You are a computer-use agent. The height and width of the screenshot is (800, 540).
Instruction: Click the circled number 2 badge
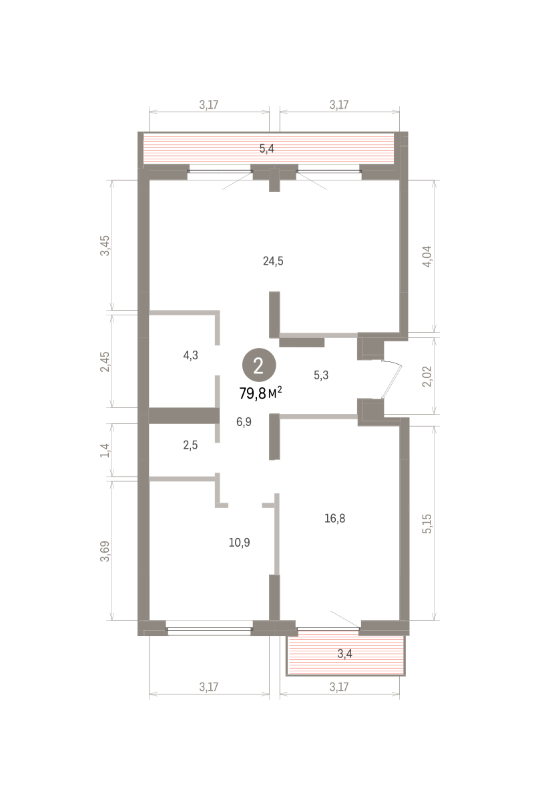coord(259,365)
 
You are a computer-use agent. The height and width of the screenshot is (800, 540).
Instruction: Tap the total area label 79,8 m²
coord(261,393)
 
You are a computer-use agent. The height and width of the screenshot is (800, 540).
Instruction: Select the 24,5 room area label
coord(273,261)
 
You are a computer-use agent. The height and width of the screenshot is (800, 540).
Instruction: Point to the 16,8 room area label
coord(334,518)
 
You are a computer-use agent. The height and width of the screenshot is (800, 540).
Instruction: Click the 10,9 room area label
coord(239,543)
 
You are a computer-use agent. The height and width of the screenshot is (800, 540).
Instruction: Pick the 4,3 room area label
coord(190,355)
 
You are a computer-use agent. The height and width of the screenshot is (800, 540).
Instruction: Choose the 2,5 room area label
coord(190,445)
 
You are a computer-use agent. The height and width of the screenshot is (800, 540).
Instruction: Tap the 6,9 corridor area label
coord(244,422)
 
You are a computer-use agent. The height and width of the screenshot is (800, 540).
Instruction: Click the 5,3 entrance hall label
coord(321,375)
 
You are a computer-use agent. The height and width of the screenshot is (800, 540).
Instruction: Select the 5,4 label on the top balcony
coord(267,149)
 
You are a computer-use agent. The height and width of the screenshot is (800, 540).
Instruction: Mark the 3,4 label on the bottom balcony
coord(344,654)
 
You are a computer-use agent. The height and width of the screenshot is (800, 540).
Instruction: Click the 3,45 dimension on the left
coord(105,246)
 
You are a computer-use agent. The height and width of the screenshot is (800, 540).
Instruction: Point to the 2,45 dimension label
coord(105,362)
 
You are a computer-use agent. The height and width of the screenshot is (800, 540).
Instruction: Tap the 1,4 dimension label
coord(105,451)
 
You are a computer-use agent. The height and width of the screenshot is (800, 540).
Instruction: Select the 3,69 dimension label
coord(105,551)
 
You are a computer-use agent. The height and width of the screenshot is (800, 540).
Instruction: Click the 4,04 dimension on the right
coord(427,257)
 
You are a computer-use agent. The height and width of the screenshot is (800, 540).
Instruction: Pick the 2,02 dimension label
coord(427,377)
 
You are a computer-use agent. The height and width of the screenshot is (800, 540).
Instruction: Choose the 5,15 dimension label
coord(427,524)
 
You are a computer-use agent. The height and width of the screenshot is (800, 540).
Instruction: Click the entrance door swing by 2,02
coord(392,381)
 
